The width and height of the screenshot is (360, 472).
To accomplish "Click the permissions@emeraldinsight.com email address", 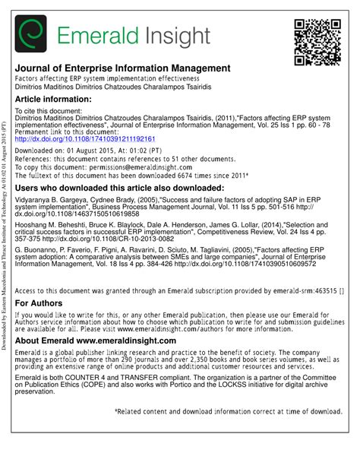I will (x=175, y=166).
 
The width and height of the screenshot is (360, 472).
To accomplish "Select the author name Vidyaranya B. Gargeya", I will (x=54, y=199).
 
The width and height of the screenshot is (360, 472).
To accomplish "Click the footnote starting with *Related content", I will (x=228, y=432).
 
